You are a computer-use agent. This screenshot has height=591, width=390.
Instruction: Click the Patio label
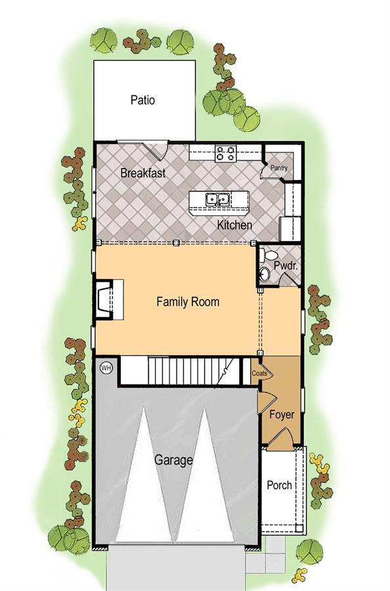click(142, 100)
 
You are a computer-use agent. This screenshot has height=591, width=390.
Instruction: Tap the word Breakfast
click(143, 173)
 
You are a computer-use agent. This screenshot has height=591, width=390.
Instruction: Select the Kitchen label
click(234, 225)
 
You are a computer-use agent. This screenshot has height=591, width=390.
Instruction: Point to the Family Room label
click(188, 301)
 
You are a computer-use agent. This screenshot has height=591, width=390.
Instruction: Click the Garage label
click(173, 460)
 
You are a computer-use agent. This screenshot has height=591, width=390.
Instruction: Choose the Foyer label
click(282, 415)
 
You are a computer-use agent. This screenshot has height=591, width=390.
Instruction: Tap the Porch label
click(279, 485)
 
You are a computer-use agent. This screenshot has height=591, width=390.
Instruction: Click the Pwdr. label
click(286, 265)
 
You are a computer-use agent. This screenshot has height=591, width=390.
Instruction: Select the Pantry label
click(279, 168)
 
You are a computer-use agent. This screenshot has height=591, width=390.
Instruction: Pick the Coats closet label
click(259, 373)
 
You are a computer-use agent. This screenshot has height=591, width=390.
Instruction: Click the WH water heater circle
click(106, 368)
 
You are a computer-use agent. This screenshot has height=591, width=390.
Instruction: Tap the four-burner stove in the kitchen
click(225, 154)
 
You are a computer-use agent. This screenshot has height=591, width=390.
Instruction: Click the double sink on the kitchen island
click(218, 199)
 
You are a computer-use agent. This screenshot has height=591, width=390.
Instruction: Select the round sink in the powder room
click(265, 274)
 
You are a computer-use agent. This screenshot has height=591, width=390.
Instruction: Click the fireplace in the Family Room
click(108, 299)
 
